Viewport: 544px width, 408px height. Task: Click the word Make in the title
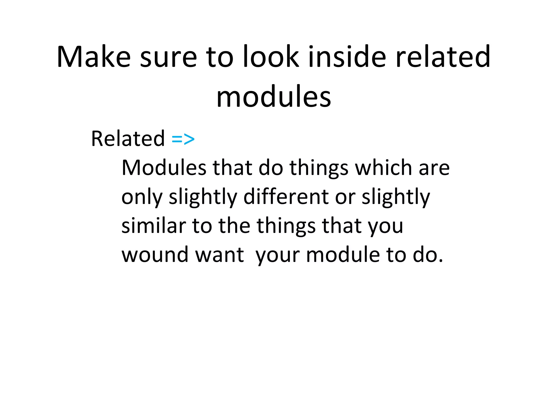[x=93, y=57]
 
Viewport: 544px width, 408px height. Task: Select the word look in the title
[x=271, y=57]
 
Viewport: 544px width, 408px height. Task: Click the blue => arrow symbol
[x=183, y=139]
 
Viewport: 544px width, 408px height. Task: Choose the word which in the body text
[x=384, y=168]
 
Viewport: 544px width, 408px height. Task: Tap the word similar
[x=153, y=226]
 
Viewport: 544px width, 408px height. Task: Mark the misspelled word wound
[x=155, y=254]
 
